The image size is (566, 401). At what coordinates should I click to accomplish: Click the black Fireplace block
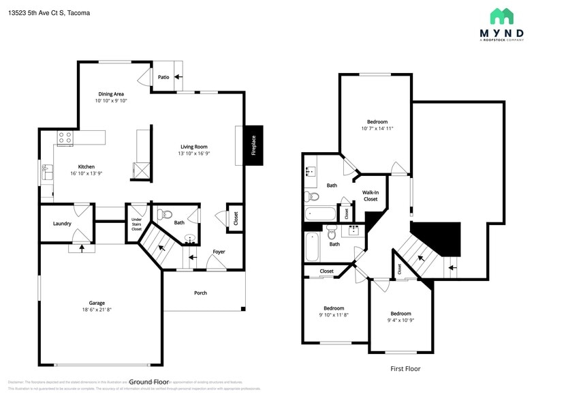click(x=253, y=145)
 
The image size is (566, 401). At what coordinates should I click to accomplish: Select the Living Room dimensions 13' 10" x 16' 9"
click(x=194, y=153)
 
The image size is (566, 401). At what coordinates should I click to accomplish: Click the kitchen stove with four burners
click(x=65, y=138)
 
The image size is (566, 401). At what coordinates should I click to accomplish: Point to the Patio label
click(x=163, y=78)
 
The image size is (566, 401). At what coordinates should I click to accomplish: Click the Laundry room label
click(x=63, y=224)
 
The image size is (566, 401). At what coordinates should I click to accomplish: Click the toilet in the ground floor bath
click(x=163, y=214)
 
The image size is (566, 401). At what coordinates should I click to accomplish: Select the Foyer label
click(x=219, y=252)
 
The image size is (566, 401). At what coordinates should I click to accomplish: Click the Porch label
click(x=200, y=293)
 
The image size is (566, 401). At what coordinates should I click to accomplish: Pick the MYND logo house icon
click(x=502, y=16)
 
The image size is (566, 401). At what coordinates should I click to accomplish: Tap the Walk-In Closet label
click(x=371, y=196)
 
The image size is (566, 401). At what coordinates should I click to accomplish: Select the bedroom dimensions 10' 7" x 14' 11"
click(x=377, y=128)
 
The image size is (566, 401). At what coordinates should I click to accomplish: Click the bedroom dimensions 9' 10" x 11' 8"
click(x=334, y=315)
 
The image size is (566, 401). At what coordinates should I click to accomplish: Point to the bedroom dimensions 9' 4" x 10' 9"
click(x=400, y=321)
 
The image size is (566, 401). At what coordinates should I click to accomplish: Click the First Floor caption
click(x=405, y=369)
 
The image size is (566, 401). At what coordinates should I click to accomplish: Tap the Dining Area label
click(x=111, y=93)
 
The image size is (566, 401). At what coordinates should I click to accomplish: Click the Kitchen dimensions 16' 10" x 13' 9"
click(x=86, y=173)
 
